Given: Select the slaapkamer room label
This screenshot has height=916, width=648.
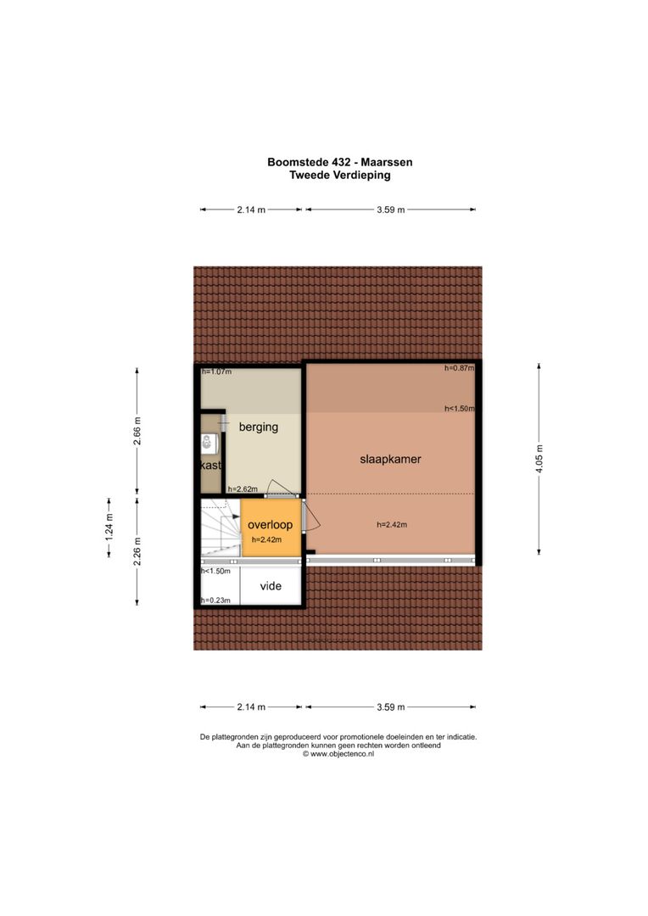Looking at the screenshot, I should point(391,459).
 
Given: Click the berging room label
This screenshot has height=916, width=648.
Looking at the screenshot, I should point(258,427).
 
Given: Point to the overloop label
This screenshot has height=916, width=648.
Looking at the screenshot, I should point(270,525).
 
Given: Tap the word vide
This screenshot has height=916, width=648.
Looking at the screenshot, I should point(271,585).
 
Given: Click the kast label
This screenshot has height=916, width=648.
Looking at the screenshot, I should point(210,466).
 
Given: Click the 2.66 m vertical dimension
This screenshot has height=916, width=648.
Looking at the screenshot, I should point(138,432).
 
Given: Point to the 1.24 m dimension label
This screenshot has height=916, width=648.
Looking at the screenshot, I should point(109,529).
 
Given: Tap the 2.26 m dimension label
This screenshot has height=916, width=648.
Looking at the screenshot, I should point(138,552).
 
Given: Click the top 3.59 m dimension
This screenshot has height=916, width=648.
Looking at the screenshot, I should point(390,209).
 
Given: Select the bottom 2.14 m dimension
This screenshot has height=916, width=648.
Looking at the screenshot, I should point(251,707).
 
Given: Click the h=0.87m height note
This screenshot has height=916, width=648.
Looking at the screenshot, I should point(459,369).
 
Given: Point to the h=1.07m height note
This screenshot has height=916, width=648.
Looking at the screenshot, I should point(216,371).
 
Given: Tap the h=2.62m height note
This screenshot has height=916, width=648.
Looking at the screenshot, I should point(242,489).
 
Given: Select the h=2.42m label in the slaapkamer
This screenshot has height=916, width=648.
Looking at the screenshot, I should point(392,525).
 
